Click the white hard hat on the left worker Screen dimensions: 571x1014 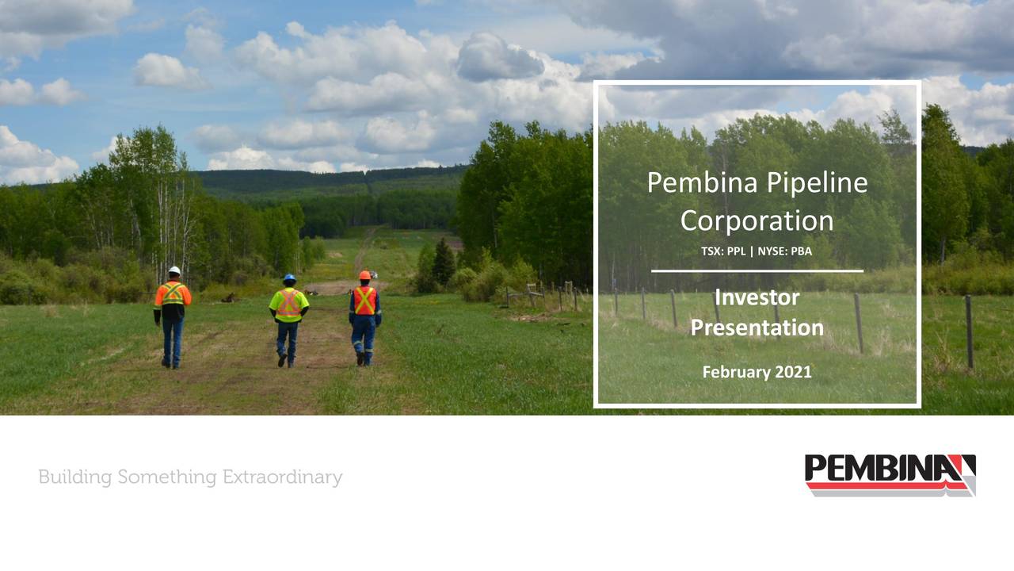[x=174, y=271]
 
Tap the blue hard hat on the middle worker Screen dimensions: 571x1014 [x=289, y=278]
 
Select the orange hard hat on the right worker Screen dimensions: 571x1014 [x=364, y=275]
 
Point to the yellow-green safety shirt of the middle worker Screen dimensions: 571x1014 [x=288, y=305]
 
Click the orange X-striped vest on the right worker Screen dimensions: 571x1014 [x=364, y=301]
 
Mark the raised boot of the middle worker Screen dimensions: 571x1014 [x=282, y=359]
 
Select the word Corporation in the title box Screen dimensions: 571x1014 [x=757, y=220]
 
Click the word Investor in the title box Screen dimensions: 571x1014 [x=757, y=297]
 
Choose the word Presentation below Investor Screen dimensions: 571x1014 [x=757, y=327]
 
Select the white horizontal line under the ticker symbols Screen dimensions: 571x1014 [x=757, y=271]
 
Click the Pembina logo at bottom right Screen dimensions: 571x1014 [x=890, y=474]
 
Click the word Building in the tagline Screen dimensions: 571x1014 [x=75, y=477]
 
